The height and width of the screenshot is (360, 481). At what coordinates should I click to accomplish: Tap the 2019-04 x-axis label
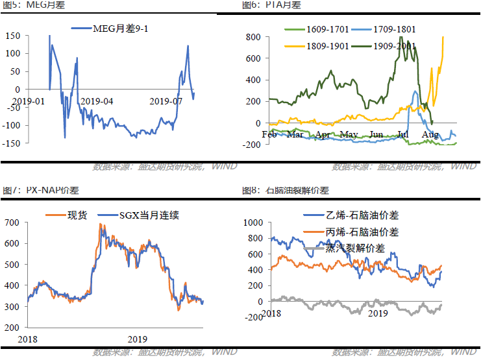point(96,101)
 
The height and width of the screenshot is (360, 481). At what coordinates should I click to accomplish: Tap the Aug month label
point(429,134)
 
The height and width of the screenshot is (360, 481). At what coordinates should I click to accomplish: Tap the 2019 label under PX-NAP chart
point(138,339)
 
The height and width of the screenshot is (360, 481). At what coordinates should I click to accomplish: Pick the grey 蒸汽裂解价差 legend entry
point(354,248)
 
